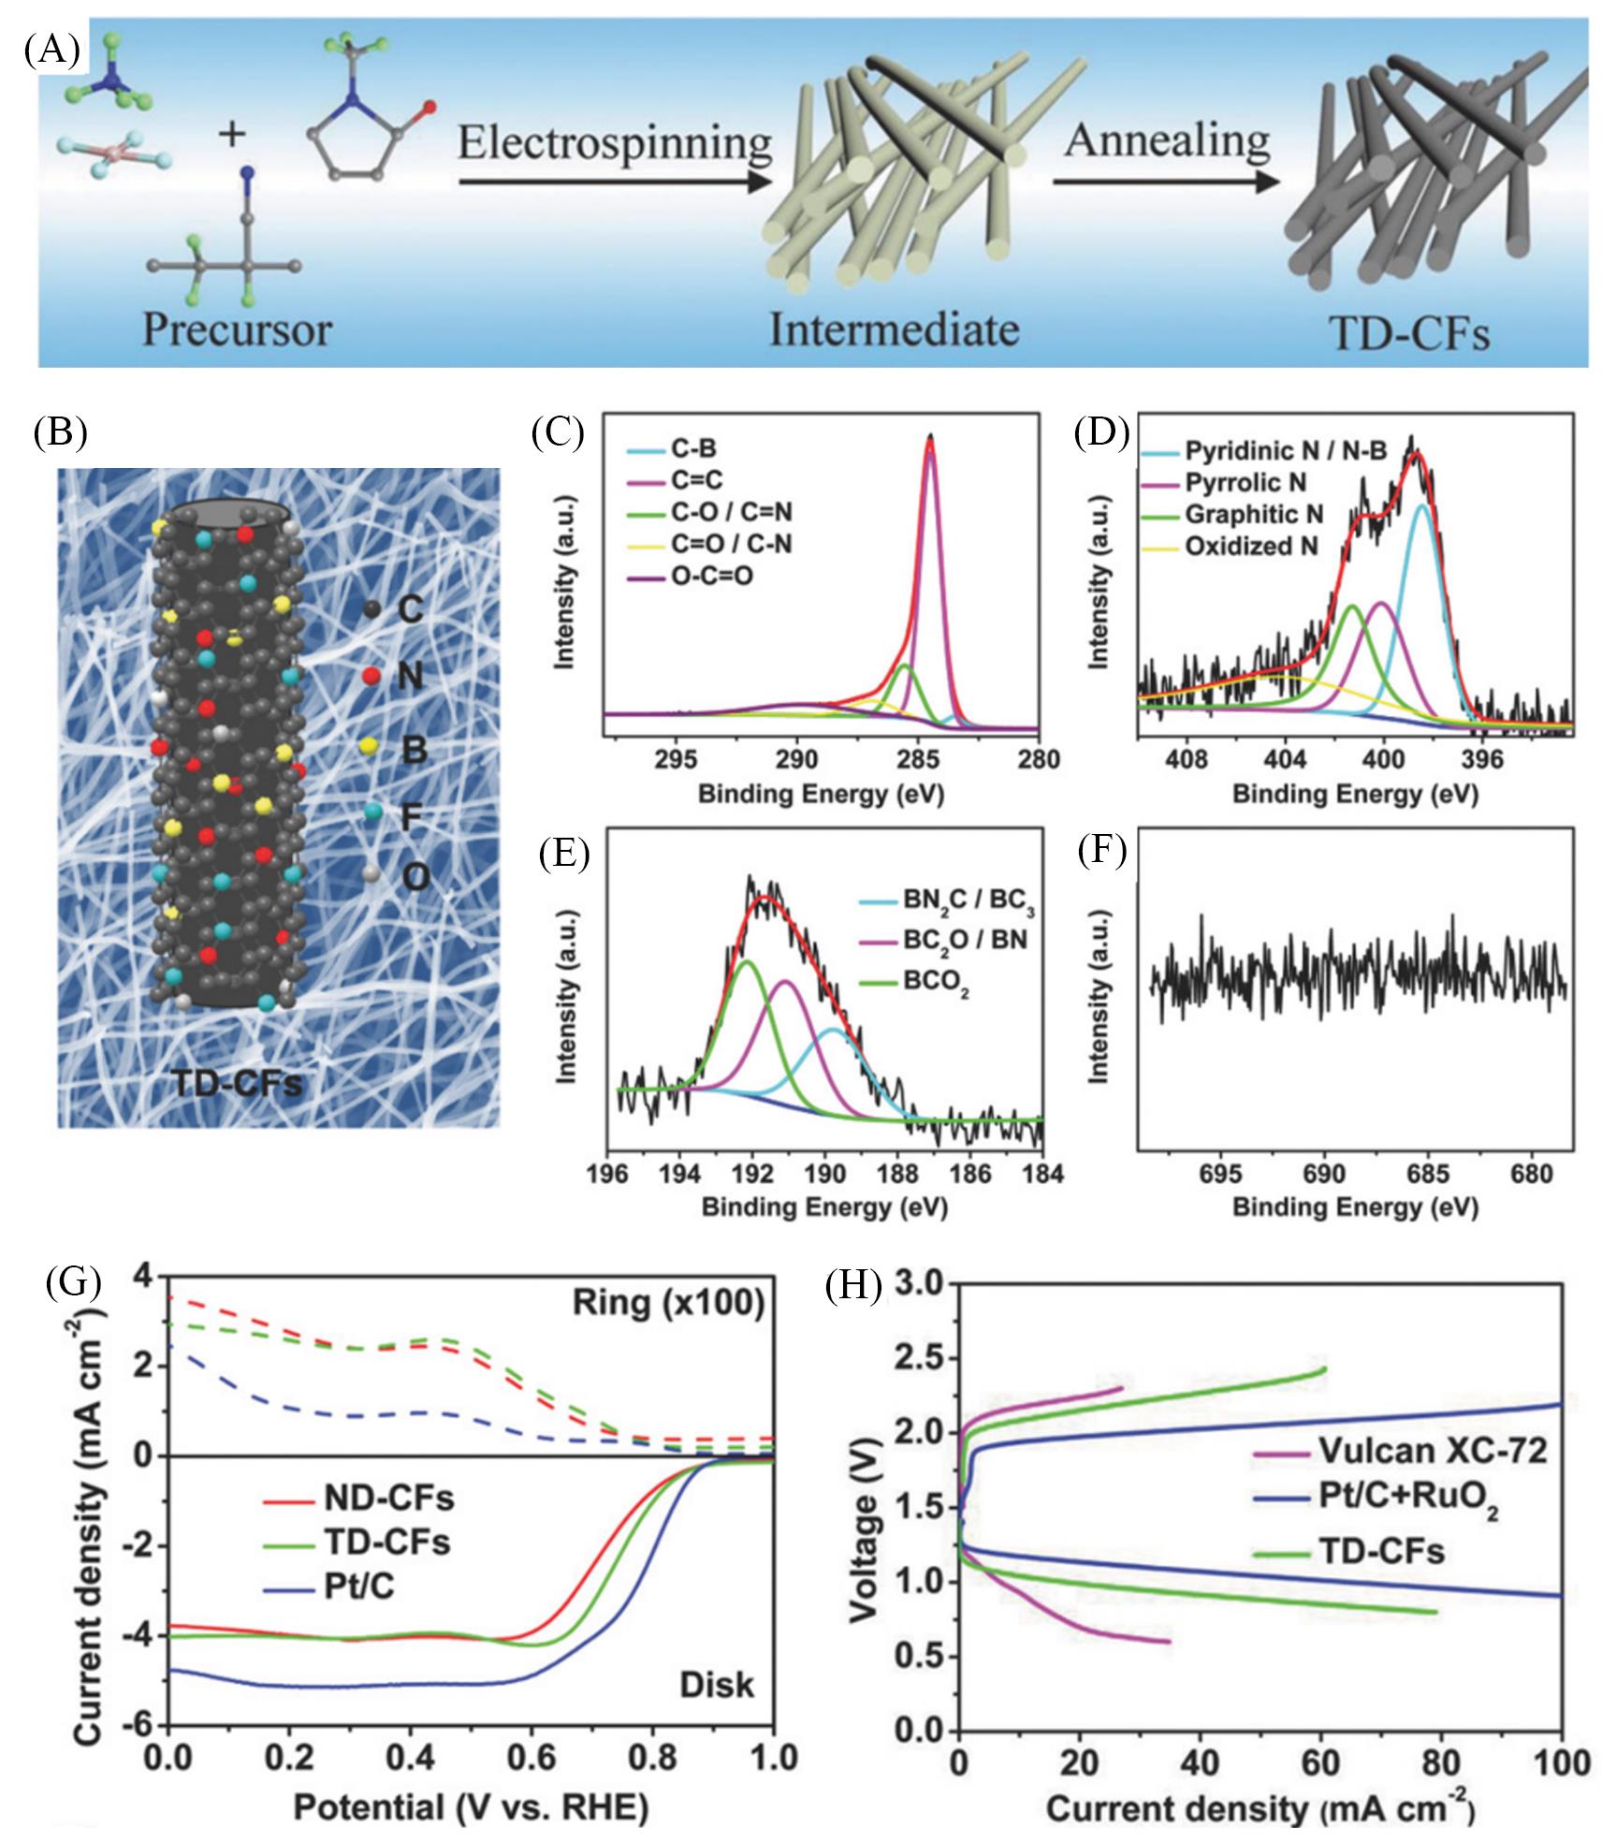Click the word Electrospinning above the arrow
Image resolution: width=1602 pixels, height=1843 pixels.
(615, 145)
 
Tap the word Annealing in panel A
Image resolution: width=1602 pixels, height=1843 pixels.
(1166, 140)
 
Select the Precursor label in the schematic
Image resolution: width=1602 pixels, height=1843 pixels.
(237, 329)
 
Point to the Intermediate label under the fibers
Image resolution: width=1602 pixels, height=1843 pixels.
(894, 329)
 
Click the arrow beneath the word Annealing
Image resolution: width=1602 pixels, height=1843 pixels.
(1166, 181)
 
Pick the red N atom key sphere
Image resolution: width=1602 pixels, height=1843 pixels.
(371, 676)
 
